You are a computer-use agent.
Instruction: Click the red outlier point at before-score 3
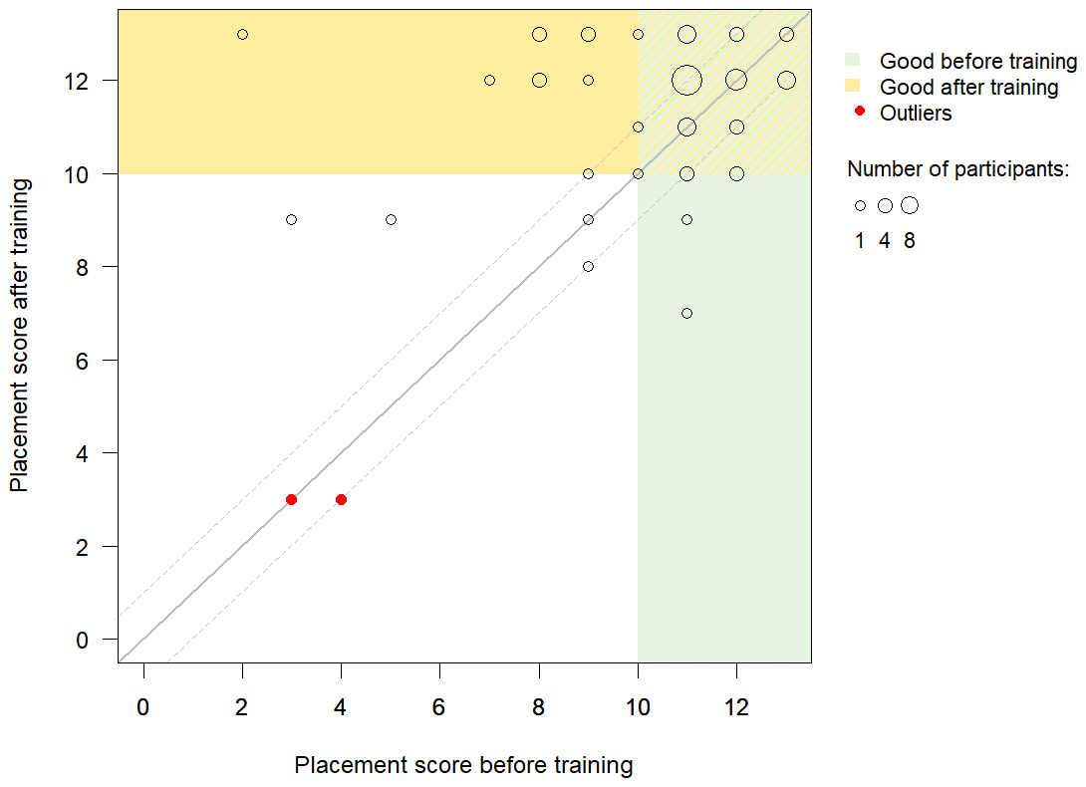291,499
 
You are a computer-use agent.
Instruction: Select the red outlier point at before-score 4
341,499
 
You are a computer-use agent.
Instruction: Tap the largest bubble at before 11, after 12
686,80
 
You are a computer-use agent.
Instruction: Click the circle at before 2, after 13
242,34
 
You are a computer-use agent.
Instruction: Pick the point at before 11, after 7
686,313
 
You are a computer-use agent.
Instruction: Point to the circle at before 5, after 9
391,219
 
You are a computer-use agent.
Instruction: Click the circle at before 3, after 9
291,219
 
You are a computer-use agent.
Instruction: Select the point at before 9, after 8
588,266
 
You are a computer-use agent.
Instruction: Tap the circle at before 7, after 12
489,80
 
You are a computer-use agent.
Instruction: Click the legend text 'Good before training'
977,62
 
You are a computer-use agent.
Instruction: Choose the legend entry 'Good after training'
968,88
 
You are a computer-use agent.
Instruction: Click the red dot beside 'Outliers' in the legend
860,113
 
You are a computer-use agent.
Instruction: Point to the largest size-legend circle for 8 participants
909,205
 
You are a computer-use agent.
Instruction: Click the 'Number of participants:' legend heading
957,169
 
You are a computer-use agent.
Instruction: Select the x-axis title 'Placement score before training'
463,765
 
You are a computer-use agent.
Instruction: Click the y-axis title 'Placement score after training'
19,334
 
